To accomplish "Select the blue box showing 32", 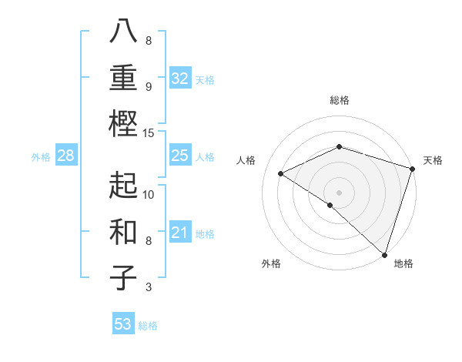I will [180, 79].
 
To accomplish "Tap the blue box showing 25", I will [180, 156].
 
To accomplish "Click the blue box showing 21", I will [180, 233].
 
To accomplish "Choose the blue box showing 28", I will [65, 156].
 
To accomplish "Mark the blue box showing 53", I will [123, 324].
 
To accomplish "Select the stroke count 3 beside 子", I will [148, 287].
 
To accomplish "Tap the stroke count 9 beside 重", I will [148, 87].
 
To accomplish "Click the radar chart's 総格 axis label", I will [339, 100].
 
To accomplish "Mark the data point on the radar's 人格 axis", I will [281, 173].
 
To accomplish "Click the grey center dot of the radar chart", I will [339, 192].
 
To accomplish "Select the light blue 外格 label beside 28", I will [41, 157].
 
